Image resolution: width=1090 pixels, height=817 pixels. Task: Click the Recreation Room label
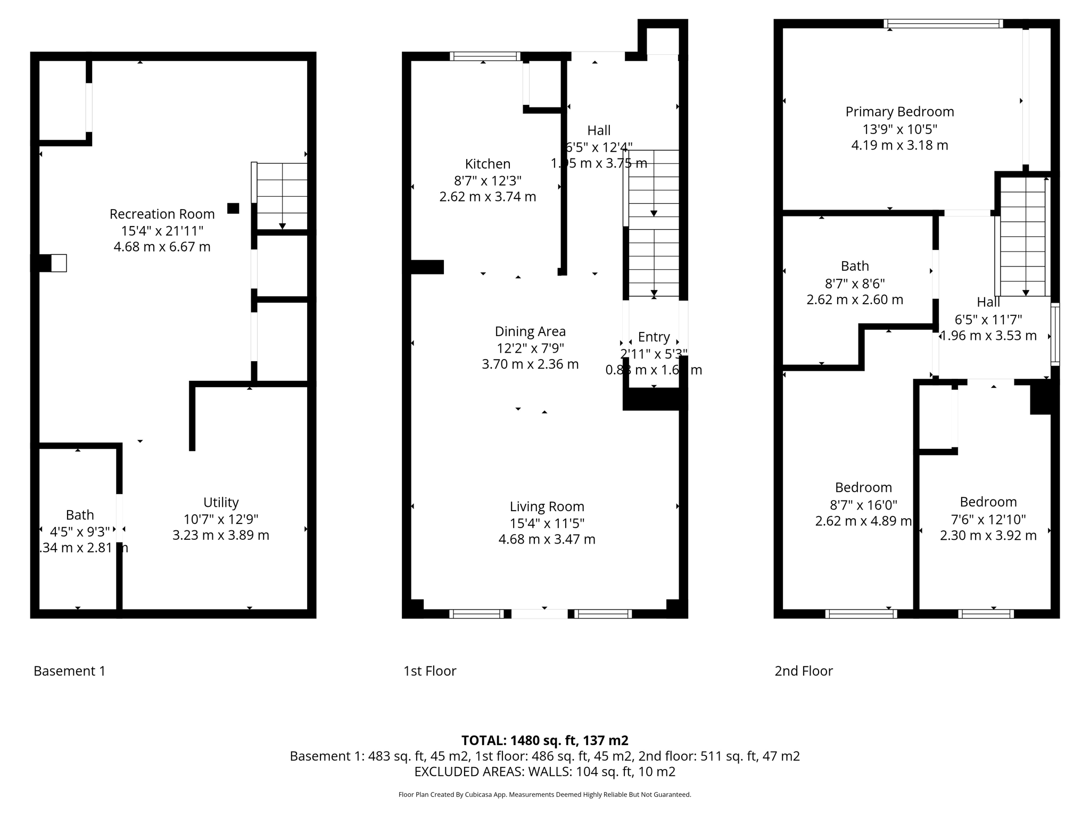tap(162, 214)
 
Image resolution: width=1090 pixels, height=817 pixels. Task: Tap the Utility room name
tap(221, 502)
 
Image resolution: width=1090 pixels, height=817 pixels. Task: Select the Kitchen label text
tap(488, 164)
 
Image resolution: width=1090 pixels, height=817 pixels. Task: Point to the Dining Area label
tap(530, 331)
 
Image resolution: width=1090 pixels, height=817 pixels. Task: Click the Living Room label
tap(547, 506)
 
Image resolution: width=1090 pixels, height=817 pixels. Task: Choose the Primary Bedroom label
tap(899, 112)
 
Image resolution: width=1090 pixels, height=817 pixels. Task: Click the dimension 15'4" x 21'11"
tap(162, 230)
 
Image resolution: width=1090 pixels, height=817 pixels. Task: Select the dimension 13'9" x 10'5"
tap(899, 129)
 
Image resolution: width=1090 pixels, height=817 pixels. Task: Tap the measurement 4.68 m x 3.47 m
tap(547, 539)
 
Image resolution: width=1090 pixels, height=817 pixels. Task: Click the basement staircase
tap(282, 196)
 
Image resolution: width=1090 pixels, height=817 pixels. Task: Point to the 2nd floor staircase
tap(1022, 236)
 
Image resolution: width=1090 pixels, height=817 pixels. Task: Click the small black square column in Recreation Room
tap(233, 209)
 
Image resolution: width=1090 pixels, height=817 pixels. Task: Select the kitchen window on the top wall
tap(484, 56)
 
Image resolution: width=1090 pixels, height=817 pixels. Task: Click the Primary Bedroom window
tap(943, 23)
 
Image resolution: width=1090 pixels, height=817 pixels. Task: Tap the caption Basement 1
tap(69, 671)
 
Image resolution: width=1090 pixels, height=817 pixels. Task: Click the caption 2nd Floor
tap(803, 671)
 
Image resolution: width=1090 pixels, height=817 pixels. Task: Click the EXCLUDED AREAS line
tap(544, 772)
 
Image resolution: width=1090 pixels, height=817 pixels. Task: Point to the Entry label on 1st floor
tap(654, 337)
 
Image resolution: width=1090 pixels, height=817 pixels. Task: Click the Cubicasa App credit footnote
tap(544, 795)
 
